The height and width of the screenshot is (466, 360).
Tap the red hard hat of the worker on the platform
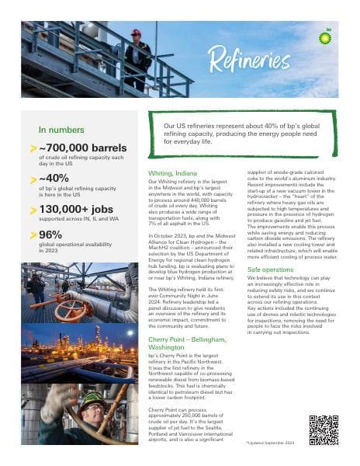click(137, 33)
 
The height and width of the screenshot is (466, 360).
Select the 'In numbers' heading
click(59, 130)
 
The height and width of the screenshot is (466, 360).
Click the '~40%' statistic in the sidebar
click(54, 178)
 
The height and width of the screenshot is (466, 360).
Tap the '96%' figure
click(51, 235)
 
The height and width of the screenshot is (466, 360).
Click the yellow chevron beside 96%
click(33, 235)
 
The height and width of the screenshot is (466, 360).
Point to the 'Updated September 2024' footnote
click(272, 442)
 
